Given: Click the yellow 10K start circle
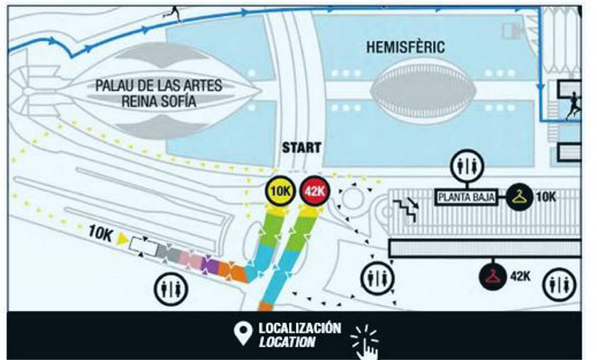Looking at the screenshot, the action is pos(280,191).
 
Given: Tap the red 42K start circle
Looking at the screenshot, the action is pos(314,191).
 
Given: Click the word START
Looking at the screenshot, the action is pos(302,148).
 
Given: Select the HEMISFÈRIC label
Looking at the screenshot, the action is pos(406,47).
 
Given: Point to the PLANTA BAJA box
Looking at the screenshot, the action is pos(467,197).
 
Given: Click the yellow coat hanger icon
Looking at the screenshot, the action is pos(519,196).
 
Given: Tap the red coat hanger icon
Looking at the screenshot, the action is pos(493,276).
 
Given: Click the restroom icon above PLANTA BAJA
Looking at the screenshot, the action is pos(467,166).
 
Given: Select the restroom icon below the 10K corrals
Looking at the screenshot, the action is pos(171,288).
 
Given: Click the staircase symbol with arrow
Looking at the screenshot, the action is pos(406,209).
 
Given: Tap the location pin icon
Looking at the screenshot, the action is pos(244,334).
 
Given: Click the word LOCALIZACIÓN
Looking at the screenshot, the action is pos(300,328).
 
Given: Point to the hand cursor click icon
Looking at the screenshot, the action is pos(365,342).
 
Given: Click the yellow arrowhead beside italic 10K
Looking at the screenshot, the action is pos(123,238).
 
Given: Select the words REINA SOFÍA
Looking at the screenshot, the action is pos(159,102).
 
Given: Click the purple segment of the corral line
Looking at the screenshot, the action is pos(210,265).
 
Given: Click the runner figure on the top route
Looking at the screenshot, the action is pos(173,13).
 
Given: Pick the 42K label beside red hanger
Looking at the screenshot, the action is pos(520,276).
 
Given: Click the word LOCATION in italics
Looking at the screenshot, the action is pos(287,342).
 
